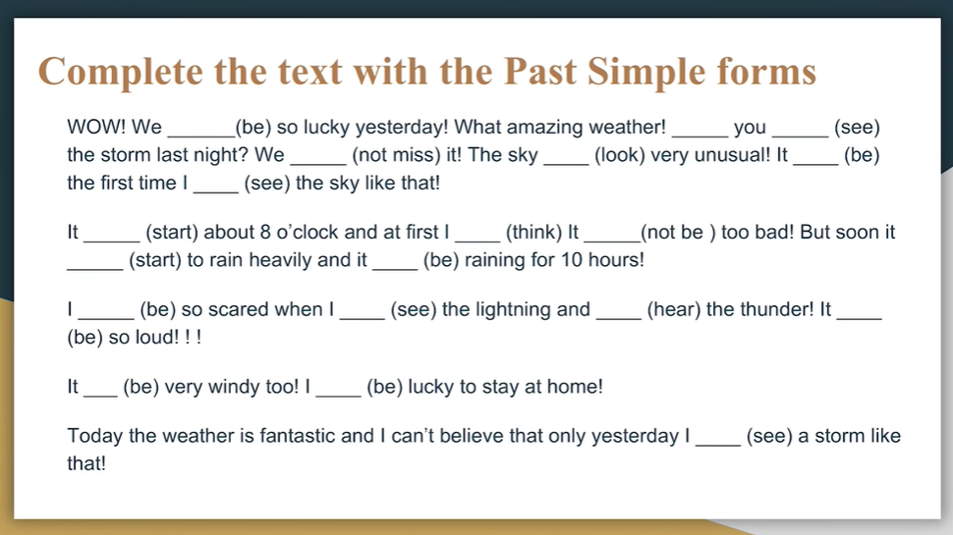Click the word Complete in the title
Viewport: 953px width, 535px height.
120,73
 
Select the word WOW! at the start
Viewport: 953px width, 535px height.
96,127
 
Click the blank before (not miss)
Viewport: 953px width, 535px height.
318,164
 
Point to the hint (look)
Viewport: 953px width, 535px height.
619,155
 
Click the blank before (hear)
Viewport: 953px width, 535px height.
619,318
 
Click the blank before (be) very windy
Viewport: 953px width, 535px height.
100,396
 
